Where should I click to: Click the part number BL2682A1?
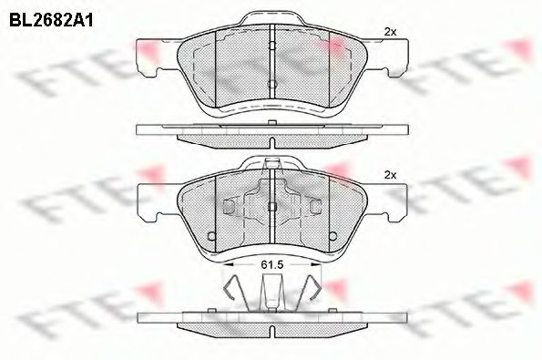tap(51, 20)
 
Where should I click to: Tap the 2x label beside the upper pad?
tap(390, 32)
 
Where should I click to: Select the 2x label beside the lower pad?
tap(390, 175)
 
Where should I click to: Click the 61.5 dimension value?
tap(272, 264)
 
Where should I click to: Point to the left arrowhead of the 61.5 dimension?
tap(228, 264)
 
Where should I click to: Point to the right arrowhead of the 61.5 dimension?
tap(316, 264)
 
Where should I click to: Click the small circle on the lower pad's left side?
tap(211, 236)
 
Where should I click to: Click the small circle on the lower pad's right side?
tap(332, 236)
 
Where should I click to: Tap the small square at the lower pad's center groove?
tap(272, 207)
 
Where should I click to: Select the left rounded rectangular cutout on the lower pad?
tap(229, 207)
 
